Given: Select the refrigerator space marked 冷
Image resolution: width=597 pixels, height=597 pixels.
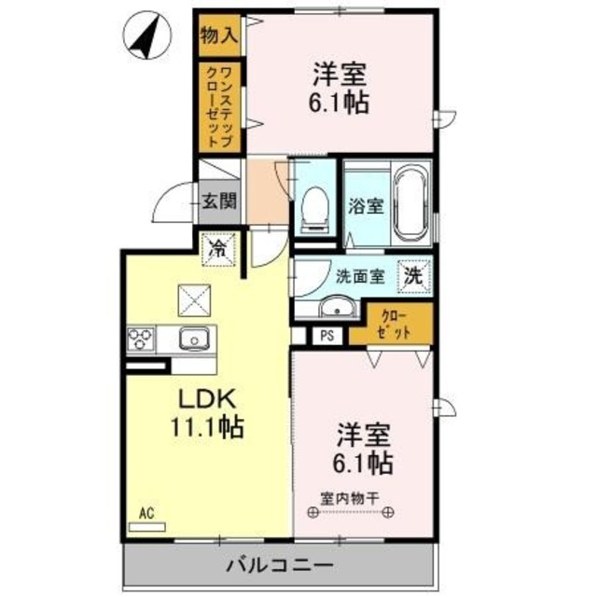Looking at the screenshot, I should point(220,249).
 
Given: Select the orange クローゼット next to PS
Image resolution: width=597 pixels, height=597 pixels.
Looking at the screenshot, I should point(391,323).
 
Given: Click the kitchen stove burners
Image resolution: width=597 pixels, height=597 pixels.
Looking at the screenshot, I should point(142,338).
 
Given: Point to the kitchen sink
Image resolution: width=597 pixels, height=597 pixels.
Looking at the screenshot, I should point(193,338).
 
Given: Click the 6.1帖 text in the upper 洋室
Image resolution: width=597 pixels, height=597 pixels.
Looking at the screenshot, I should point(338,100).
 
